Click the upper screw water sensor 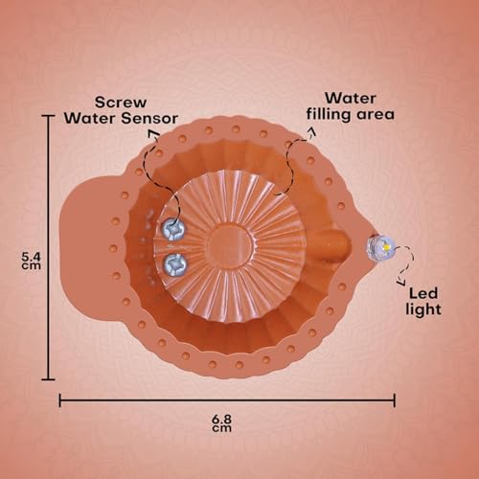173,229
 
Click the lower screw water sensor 174,264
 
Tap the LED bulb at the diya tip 380,247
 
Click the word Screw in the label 121,103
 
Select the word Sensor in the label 149,119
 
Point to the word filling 329,115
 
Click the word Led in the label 423,293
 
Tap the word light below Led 423,309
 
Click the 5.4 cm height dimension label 31,261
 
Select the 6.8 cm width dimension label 221,423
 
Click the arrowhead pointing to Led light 400,282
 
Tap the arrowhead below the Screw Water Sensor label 154,133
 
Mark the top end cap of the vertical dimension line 48,116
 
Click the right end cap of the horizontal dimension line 395,400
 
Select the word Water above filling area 351,99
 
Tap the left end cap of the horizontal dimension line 60,400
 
